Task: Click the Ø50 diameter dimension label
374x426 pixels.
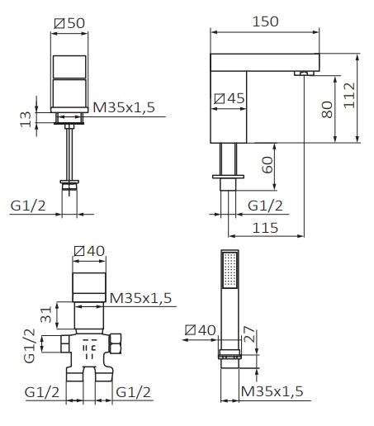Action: pos(69,23)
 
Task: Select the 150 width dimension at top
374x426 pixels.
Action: pos(265,21)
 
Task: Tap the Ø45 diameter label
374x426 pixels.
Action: pos(230,98)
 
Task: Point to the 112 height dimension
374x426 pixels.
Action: pos(349,95)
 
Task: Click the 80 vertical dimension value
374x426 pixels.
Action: pos(327,110)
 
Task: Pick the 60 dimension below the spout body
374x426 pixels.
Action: pos(267,165)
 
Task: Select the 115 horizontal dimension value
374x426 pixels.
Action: pos(265,228)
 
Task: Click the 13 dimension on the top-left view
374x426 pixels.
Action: pos(26,119)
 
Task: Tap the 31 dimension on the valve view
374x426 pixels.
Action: pos(46,315)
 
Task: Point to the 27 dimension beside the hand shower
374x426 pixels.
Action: pos(249,334)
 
